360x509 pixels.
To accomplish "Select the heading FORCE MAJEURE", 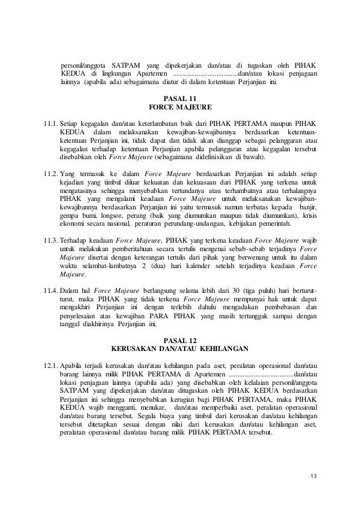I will (179, 107).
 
